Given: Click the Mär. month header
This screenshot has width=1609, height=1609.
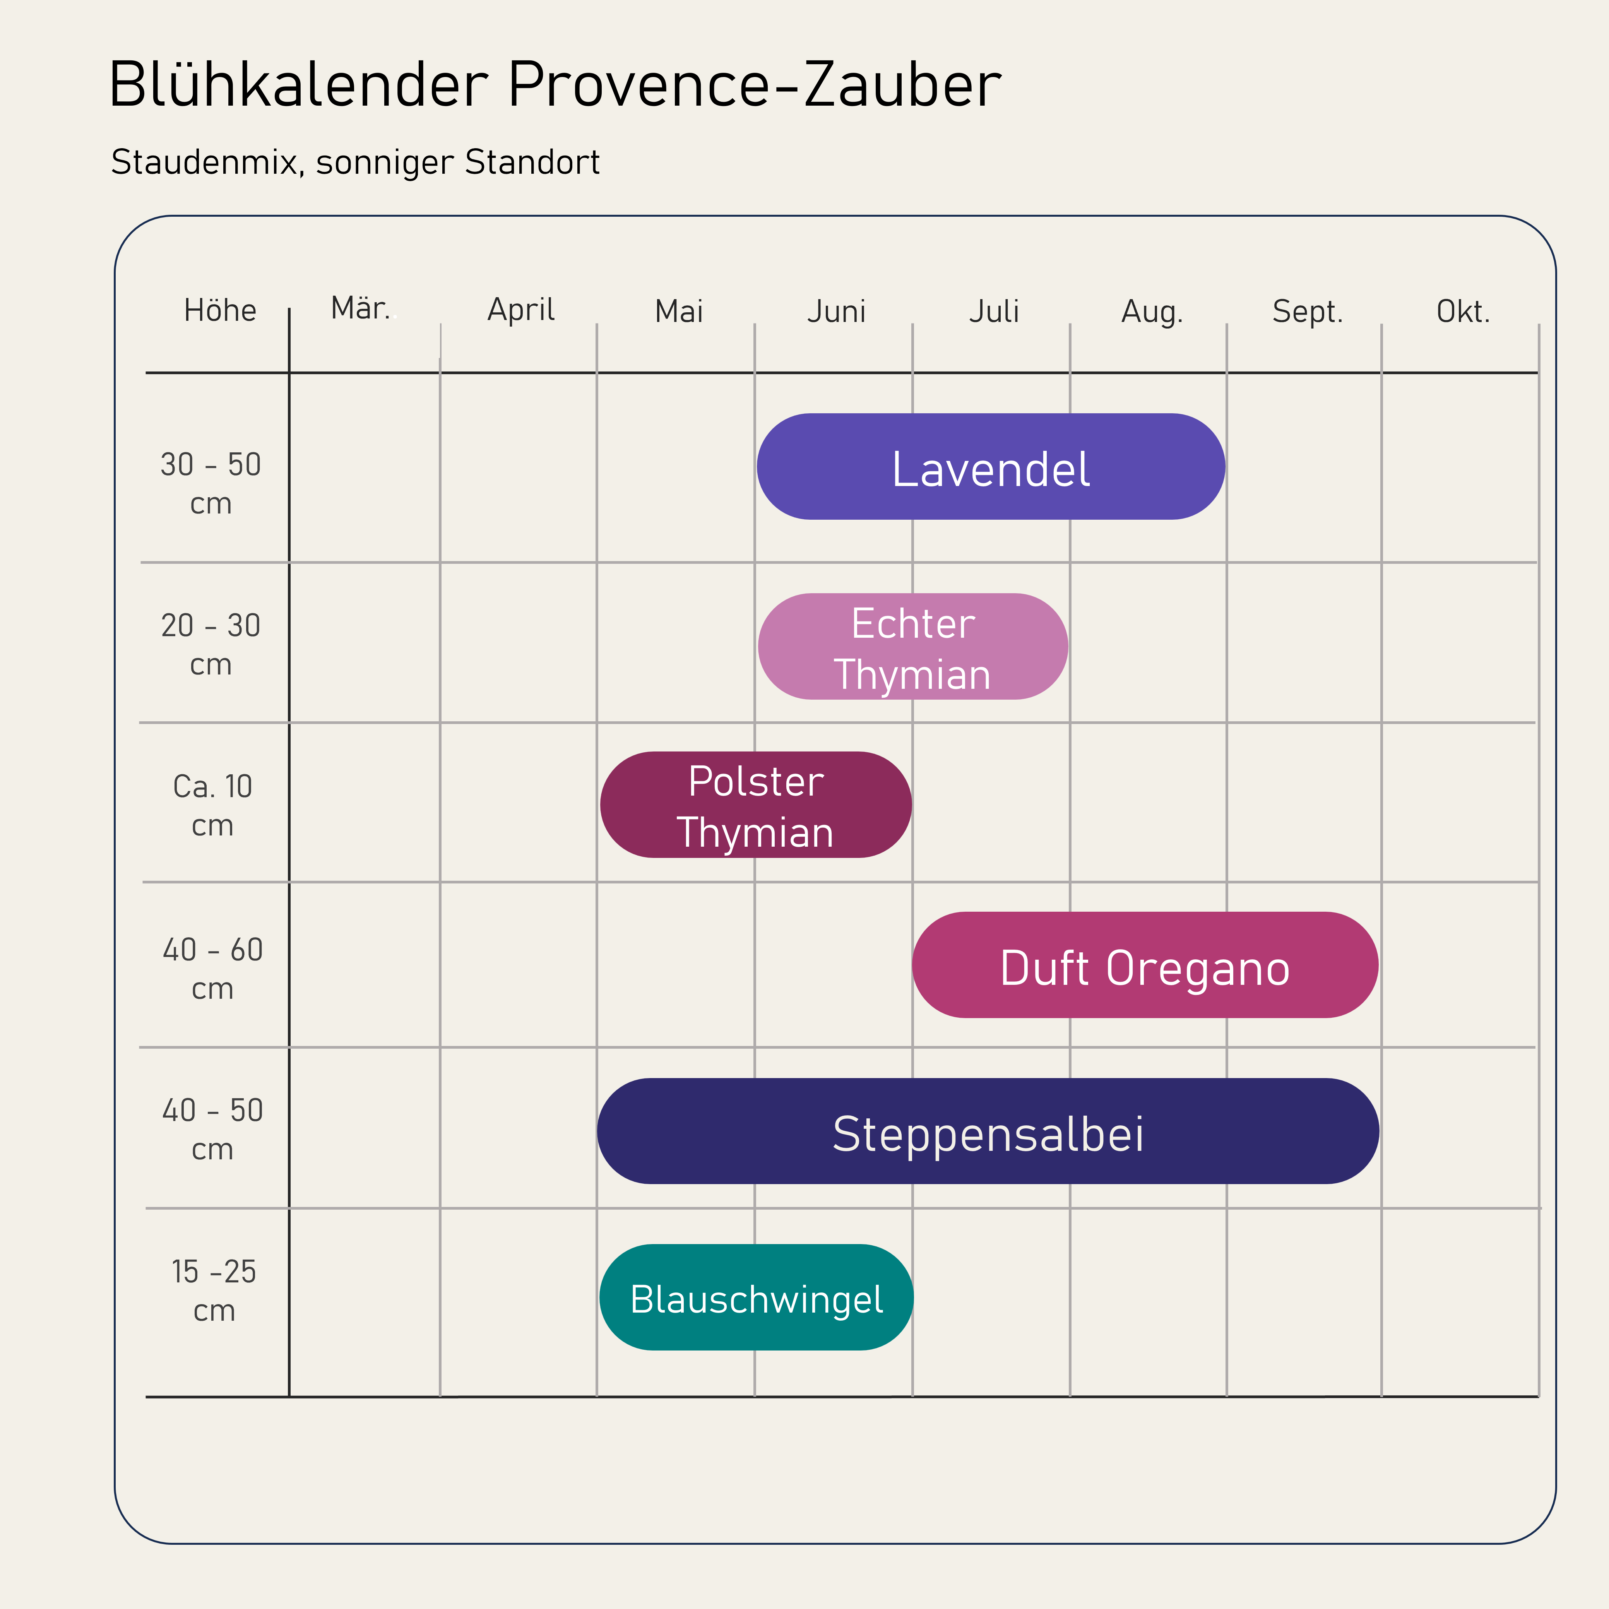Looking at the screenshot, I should click(x=361, y=309).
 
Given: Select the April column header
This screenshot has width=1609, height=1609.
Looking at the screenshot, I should click(x=520, y=311).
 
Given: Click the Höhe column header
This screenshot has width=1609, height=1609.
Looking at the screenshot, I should click(x=220, y=311).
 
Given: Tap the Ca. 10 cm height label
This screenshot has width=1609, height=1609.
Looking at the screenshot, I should click(x=212, y=805).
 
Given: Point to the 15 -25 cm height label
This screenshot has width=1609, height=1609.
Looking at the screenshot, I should click(x=214, y=1291).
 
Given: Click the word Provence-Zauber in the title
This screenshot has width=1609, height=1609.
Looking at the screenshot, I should click(x=754, y=85).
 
